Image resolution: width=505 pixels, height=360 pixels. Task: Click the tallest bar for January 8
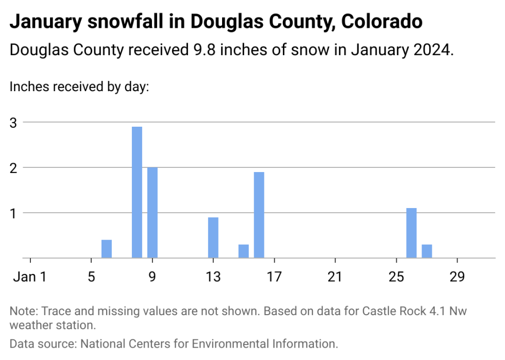[137, 192]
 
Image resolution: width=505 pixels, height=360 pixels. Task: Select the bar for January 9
[152, 212]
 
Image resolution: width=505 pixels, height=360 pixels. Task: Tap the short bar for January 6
[107, 249]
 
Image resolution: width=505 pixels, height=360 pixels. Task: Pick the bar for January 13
[213, 237]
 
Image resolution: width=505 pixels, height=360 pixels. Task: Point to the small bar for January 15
[244, 251]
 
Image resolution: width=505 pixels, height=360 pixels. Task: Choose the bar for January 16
[259, 215]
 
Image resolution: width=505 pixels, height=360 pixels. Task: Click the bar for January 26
[411, 233]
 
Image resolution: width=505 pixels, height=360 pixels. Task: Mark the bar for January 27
[427, 251]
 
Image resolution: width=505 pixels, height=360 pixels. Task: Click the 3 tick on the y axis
[13, 123]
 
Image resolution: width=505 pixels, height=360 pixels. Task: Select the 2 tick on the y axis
[13, 167]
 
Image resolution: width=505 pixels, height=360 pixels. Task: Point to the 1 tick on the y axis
[13, 213]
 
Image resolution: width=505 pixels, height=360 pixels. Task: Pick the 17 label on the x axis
[274, 277]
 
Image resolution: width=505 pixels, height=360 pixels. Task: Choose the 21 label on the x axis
[335, 277]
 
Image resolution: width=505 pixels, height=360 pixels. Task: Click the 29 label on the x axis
[457, 277]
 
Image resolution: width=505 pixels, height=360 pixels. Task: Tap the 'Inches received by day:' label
[79, 87]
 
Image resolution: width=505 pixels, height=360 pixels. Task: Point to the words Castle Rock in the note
[395, 312]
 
